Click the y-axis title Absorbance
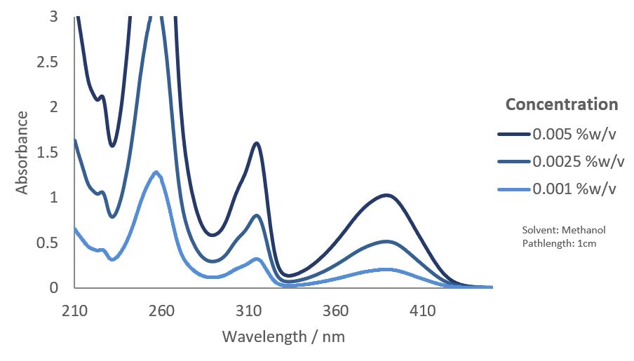tap(22, 151)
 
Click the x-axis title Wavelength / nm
tap(283, 336)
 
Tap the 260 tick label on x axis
tap(161, 311)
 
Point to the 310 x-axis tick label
tap(248, 311)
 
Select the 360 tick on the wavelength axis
tap(335, 311)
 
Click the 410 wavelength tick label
tap(422, 311)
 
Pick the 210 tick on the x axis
tap(74, 311)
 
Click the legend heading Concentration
tap(562, 104)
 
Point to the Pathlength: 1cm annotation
tap(559, 243)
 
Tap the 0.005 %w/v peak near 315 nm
tap(257, 143)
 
